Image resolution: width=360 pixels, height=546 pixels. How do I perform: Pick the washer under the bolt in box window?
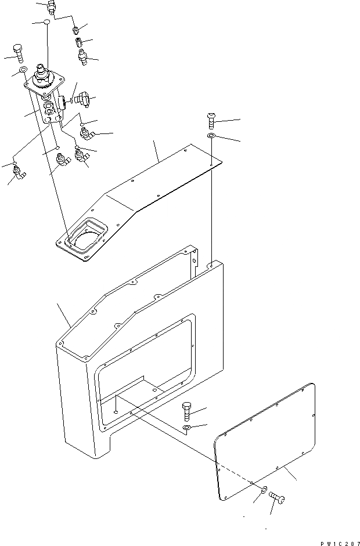click(x=188, y=428)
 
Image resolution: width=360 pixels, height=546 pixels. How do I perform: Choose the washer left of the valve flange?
click(x=22, y=70)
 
